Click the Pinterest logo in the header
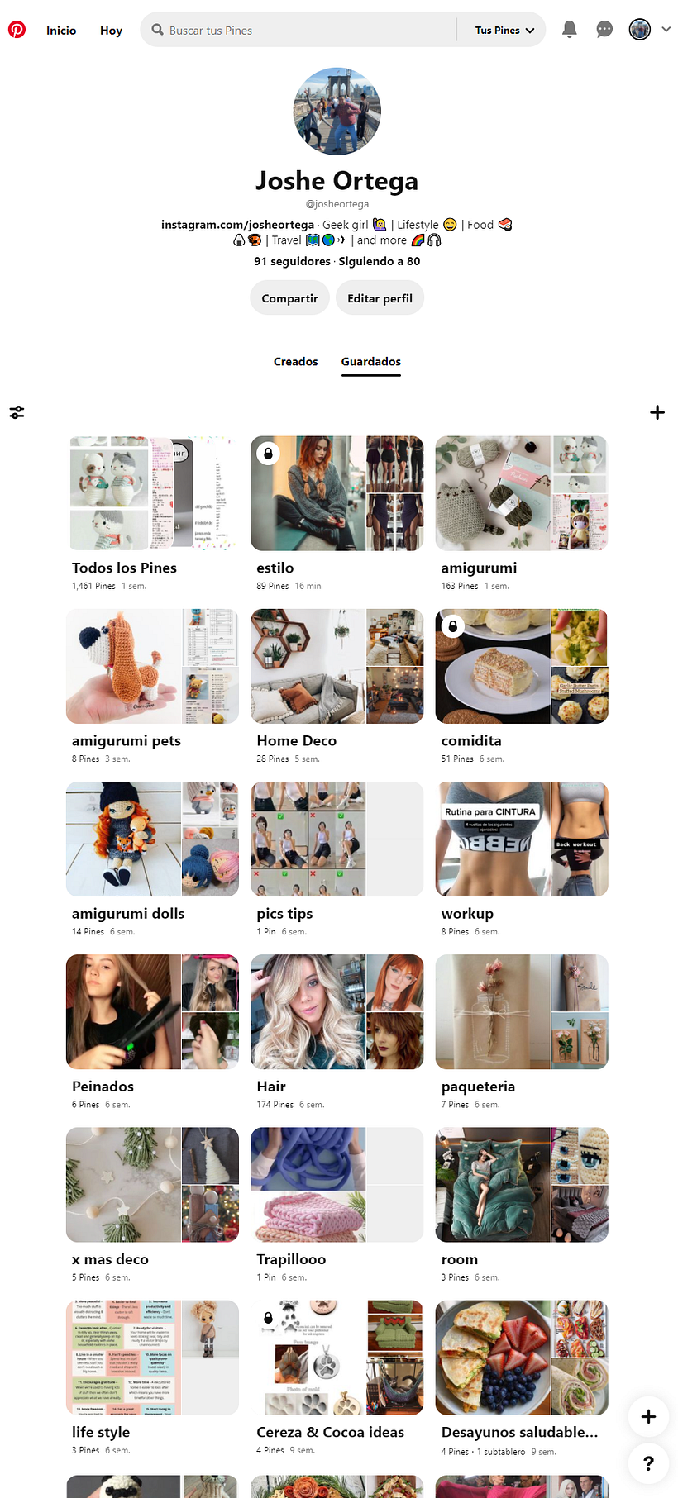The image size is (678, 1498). [17, 30]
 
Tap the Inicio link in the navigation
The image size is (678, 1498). [61, 31]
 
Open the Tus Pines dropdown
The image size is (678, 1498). [504, 31]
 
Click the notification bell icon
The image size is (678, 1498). [569, 30]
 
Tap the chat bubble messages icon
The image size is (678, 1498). [604, 30]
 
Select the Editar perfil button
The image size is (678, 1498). [380, 298]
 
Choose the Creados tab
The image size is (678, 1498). [295, 362]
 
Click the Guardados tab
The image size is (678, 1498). [370, 362]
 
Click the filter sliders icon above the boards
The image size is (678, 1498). [17, 412]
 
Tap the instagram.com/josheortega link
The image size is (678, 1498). [237, 225]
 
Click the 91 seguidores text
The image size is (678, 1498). [292, 261]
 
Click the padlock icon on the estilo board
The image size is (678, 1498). [267, 454]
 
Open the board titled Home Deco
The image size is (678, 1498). [296, 741]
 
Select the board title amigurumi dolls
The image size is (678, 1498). [128, 914]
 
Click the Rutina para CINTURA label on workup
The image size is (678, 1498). [489, 812]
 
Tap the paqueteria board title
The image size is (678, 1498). [478, 1087]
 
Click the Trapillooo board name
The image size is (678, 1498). [291, 1259]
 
